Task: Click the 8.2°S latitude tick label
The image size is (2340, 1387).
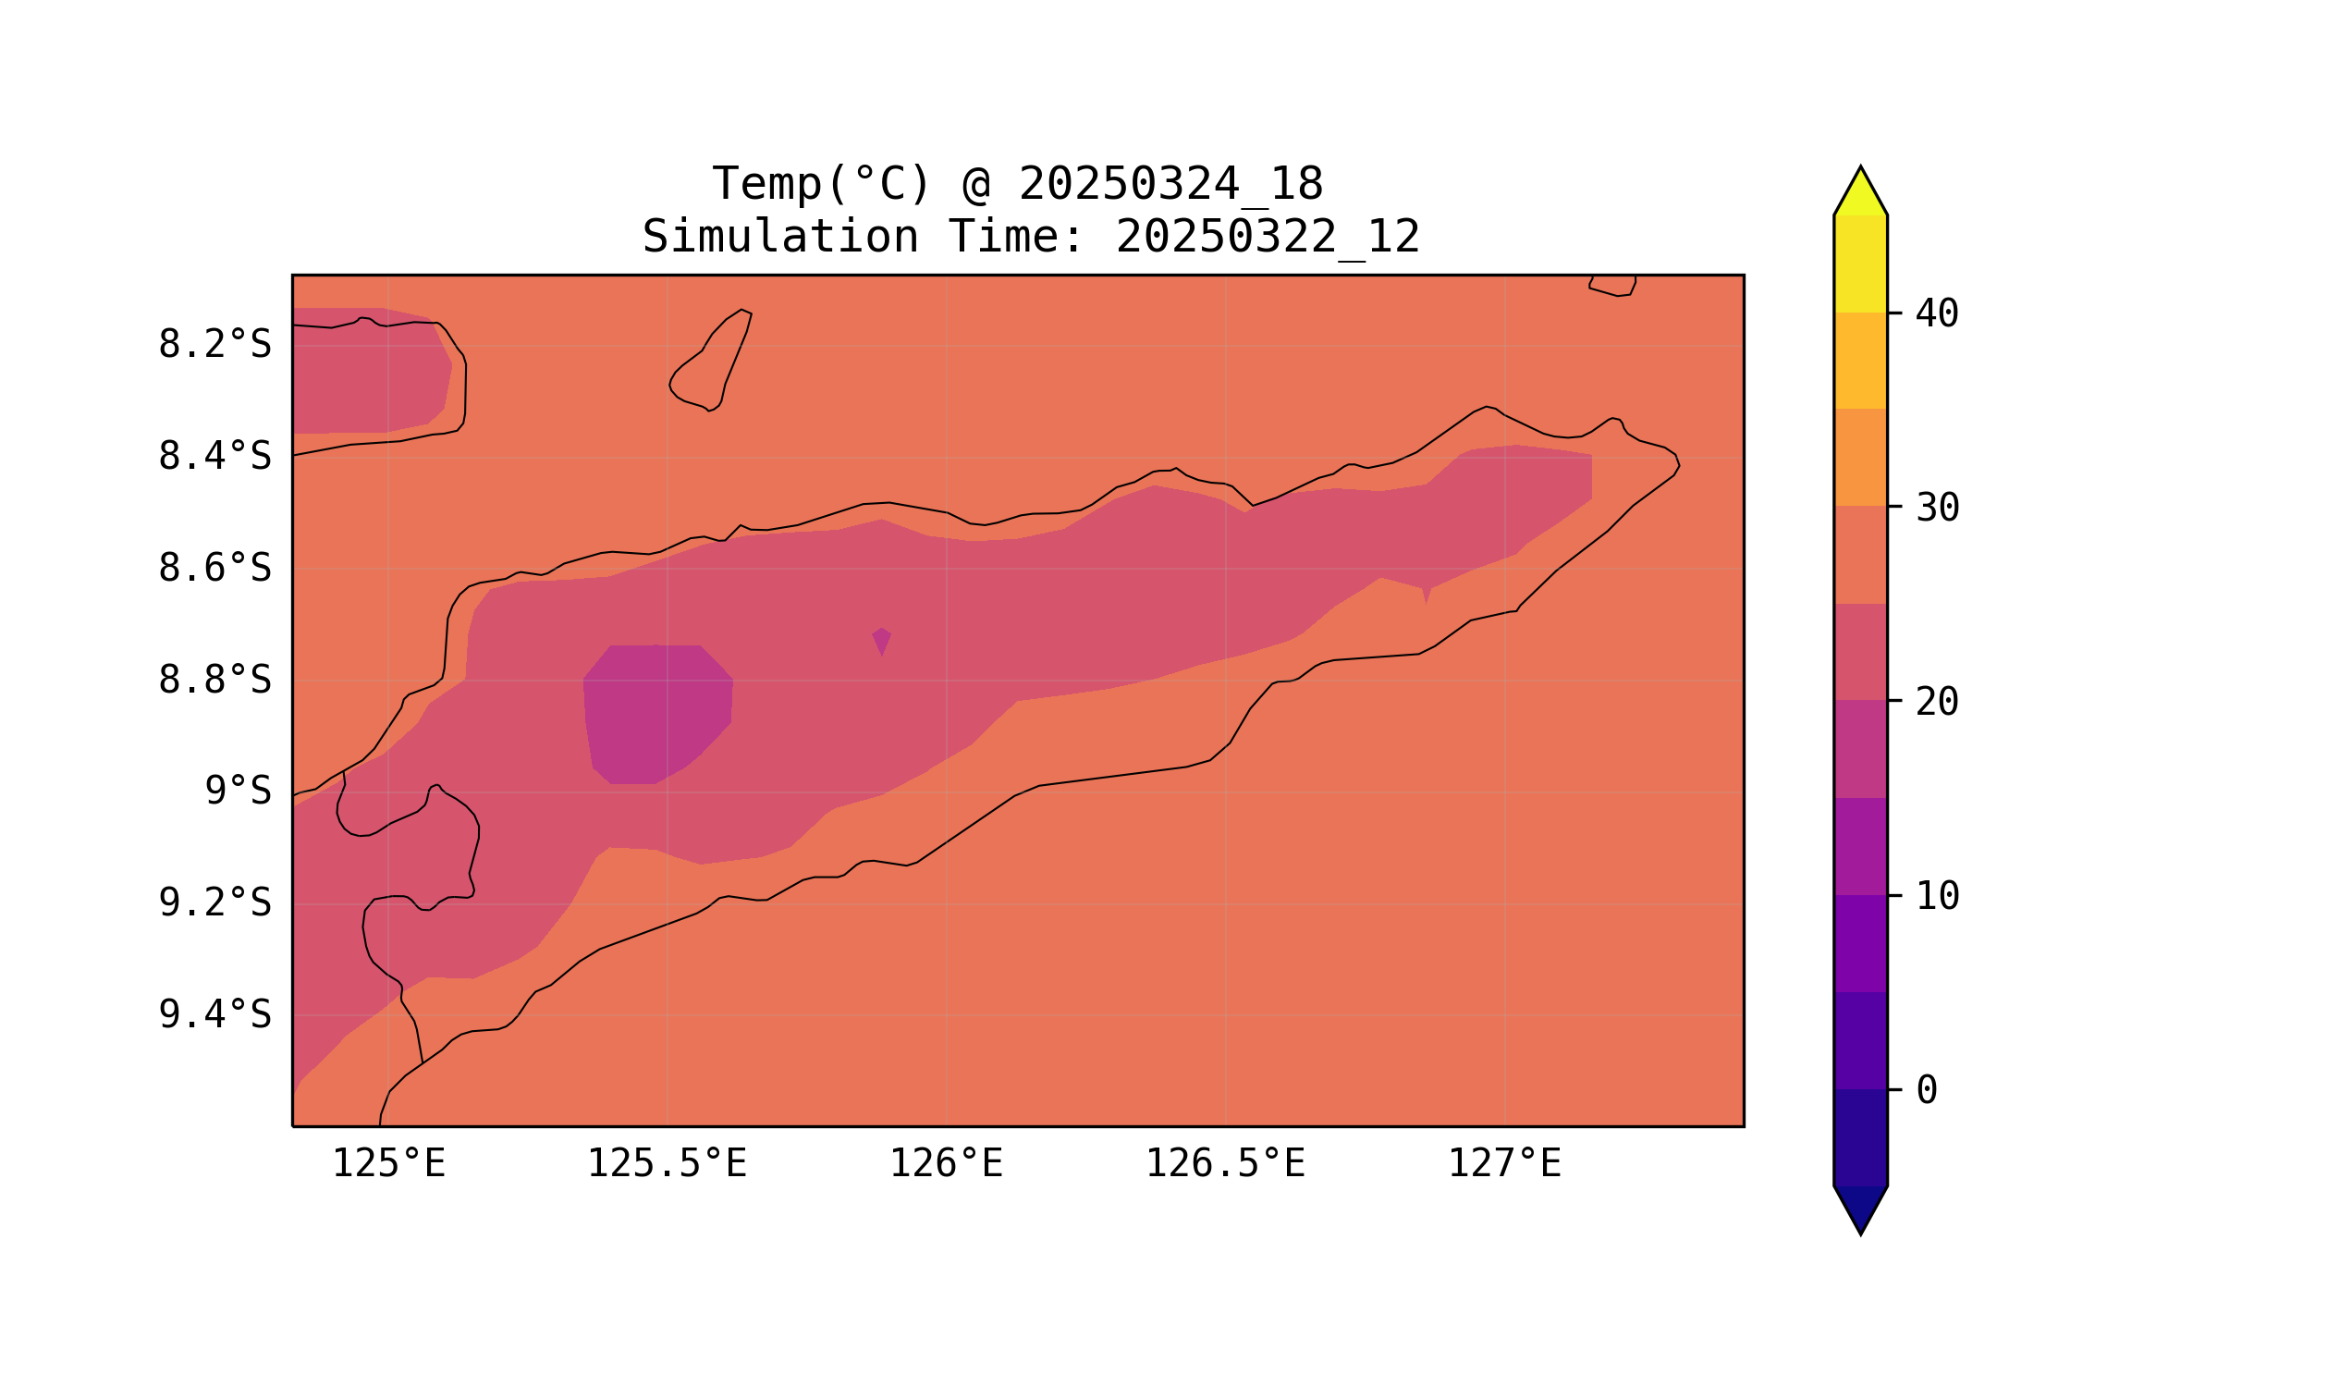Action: pyautogui.click(x=214, y=345)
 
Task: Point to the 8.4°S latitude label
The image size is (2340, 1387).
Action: pyautogui.click(x=214, y=457)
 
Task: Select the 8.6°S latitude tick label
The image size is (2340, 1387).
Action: pyautogui.click(x=214, y=569)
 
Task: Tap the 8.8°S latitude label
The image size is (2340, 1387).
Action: pyautogui.click(x=214, y=681)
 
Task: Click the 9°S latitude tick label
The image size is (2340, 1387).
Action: pyautogui.click(x=238, y=792)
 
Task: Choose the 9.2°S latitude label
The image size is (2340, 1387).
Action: pyautogui.click(x=214, y=903)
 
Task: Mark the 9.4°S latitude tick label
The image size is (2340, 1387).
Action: pyautogui.click(x=214, y=1015)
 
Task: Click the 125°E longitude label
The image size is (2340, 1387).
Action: pyautogui.click(x=388, y=1164)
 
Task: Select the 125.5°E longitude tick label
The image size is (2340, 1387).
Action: pyautogui.click(x=667, y=1164)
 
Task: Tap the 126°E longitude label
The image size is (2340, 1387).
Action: pyautogui.click(x=946, y=1164)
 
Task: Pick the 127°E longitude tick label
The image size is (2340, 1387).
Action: pyautogui.click(x=1503, y=1164)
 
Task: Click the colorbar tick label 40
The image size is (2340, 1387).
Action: pyautogui.click(x=1936, y=314)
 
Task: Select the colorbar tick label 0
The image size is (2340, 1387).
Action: pyautogui.click(x=1926, y=1091)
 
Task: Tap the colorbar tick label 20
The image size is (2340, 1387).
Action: pyautogui.click(x=1936, y=703)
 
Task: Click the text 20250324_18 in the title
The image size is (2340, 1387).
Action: pyautogui.click(x=1170, y=184)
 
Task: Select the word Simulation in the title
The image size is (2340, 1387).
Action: pyautogui.click(x=780, y=238)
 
